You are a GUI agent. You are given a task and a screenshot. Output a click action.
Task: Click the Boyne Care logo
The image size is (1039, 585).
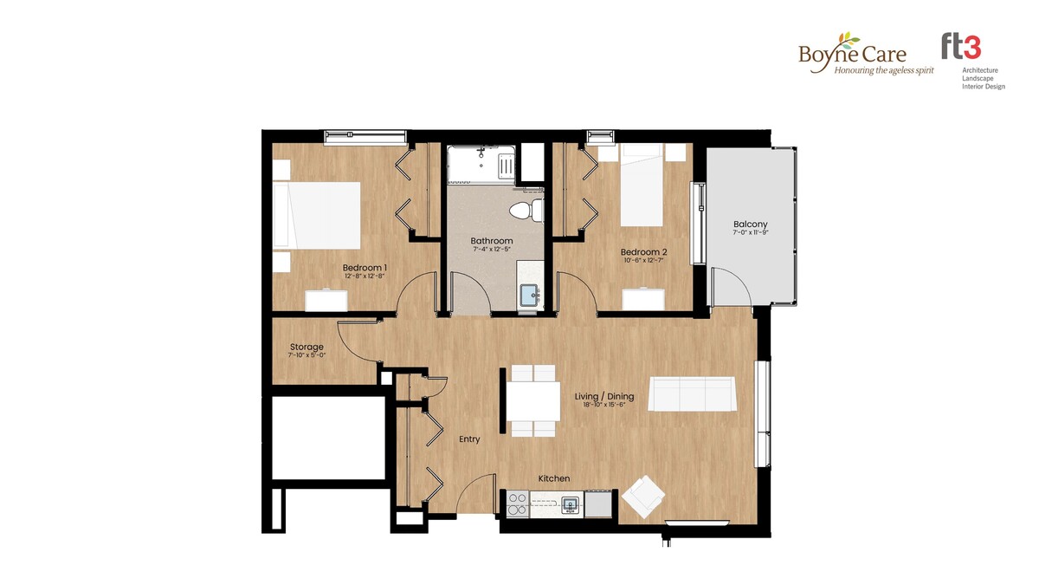[866, 54]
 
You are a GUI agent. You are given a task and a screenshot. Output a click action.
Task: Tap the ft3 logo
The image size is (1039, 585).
[972, 62]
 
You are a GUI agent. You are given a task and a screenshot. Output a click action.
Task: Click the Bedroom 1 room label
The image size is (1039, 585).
[365, 268]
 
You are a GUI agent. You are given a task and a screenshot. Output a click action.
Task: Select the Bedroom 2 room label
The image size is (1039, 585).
[644, 252]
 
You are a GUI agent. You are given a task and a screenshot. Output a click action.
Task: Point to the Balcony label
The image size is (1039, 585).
[750, 224]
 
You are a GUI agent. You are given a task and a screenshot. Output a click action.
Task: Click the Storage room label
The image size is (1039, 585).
[307, 347]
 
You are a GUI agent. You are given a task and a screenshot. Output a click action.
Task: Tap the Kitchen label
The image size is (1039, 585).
[554, 478]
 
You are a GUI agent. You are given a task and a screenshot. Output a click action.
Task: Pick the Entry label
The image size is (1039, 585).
[469, 439]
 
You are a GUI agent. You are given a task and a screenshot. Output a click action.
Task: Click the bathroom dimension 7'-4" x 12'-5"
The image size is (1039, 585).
[492, 250]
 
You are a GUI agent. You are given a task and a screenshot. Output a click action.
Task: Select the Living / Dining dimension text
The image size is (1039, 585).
[604, 405]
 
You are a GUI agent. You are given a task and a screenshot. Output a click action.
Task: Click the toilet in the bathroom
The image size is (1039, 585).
[526, 211]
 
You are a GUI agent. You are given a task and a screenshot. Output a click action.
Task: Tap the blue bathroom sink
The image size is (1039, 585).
[531, 296]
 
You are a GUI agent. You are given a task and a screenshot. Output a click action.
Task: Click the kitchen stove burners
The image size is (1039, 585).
[518, 504]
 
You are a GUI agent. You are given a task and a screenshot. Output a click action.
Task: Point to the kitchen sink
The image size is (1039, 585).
[571, 505]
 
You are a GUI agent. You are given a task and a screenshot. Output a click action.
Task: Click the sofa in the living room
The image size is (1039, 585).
[692, 393]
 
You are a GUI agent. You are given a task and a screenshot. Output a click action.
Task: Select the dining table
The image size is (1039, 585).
[533, 401]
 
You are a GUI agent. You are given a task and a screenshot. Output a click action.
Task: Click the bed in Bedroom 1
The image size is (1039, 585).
[317, 215]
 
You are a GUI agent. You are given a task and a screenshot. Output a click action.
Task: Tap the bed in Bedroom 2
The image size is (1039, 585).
[642, 185]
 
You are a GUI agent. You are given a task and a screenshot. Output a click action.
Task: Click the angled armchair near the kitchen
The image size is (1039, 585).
[642, 497]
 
